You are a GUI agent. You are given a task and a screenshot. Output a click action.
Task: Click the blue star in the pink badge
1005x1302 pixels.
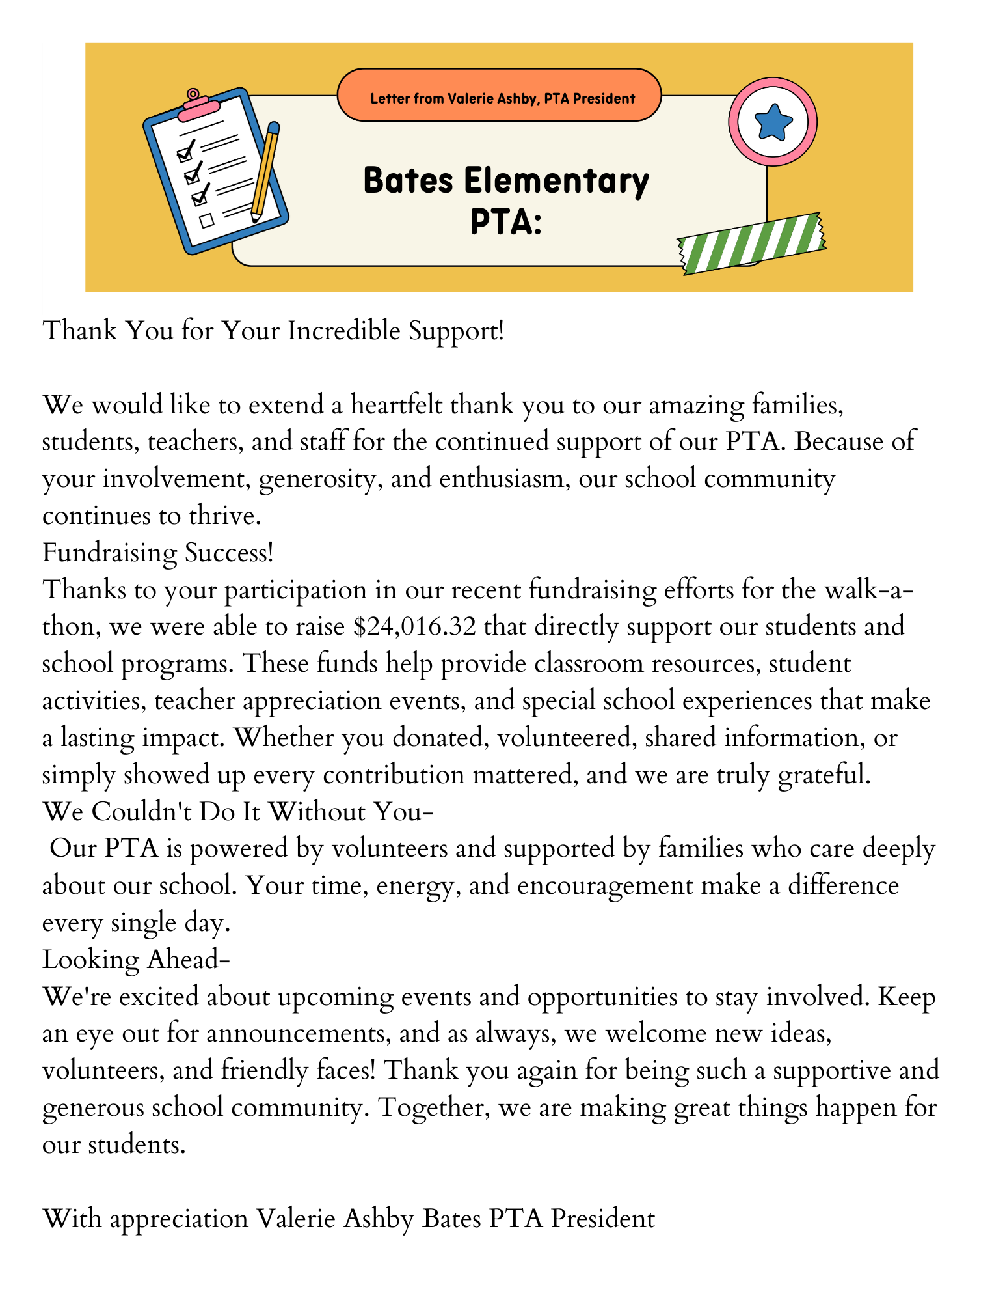(x=773, y=122)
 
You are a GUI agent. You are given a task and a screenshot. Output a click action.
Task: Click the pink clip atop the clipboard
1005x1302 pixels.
(x=196, y=104)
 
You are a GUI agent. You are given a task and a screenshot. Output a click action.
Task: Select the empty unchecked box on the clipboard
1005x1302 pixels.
(x=207, y=221)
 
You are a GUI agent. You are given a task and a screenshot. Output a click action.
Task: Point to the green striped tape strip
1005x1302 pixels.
(x=752, y=243)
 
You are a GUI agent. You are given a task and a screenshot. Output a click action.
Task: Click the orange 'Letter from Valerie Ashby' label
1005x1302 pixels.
(x=500, y=98)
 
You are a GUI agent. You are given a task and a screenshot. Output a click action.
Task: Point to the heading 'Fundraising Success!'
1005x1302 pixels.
(x=158, y=553)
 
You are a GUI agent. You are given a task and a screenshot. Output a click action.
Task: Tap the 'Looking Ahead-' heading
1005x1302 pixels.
(x=137, y=960)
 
